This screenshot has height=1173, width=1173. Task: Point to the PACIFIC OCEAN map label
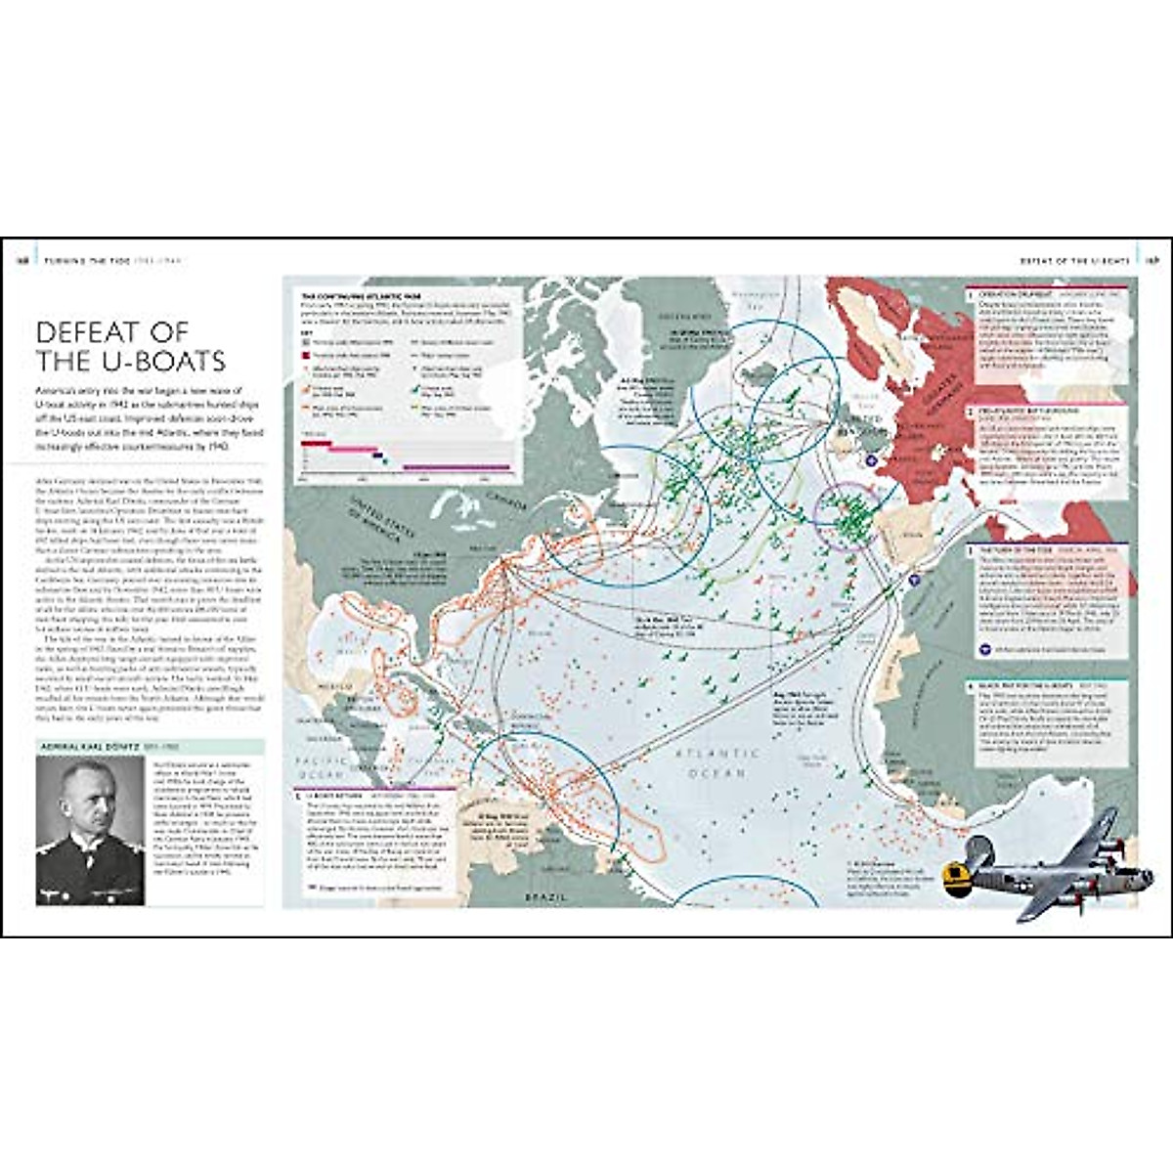click(323, 766)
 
